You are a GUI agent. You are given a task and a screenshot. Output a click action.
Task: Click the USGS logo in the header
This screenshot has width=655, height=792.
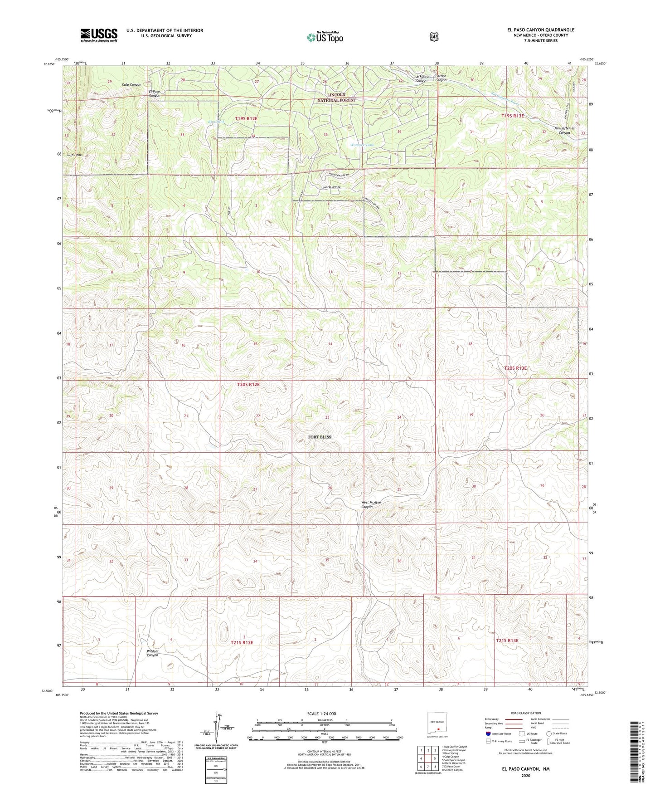99,35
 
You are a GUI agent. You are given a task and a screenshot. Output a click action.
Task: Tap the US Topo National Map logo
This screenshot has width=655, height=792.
324,37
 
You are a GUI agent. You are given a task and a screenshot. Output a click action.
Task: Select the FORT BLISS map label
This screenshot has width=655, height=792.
320,437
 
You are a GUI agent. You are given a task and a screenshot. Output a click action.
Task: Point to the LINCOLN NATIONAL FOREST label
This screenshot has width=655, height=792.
336,98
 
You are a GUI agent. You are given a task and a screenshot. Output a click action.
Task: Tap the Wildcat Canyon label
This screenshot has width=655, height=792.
152,653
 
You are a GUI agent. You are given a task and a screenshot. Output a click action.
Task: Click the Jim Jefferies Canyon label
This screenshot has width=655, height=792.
564,130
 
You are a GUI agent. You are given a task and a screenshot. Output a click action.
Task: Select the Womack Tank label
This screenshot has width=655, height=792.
362,145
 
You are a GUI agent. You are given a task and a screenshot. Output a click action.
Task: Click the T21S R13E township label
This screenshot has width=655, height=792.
507,640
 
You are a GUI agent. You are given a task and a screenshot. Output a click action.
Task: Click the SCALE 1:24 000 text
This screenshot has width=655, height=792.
321,714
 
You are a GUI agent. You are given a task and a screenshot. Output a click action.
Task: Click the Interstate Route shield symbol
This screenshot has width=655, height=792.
488,733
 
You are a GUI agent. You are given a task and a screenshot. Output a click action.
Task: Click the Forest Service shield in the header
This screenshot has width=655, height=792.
434,36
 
